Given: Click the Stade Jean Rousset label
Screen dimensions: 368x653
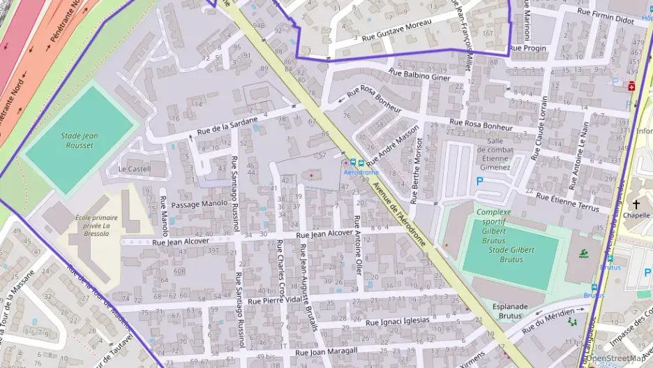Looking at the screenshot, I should coord(79,140).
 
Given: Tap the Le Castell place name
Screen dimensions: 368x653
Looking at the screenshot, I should coord(134,169).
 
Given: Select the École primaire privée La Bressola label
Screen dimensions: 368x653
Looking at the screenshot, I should coord(96,226).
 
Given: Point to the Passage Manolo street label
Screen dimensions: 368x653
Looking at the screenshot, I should coord(200,204).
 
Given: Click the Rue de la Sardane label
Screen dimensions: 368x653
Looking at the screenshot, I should coord(227,124).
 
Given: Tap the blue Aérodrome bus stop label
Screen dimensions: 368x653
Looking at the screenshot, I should coord(361,172).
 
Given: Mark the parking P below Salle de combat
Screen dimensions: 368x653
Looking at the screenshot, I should coord(479,181).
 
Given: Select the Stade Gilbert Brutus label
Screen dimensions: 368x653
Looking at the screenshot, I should coord(511,254).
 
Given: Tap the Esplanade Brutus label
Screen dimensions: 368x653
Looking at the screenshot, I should coord(500,311).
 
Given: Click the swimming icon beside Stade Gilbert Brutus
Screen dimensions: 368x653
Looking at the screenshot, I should coord(582,254).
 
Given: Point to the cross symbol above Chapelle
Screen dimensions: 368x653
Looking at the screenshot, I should coord(636,204).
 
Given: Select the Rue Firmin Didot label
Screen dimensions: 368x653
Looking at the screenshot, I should coord(606,19).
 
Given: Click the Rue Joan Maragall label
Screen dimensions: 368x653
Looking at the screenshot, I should coord(326,351).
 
